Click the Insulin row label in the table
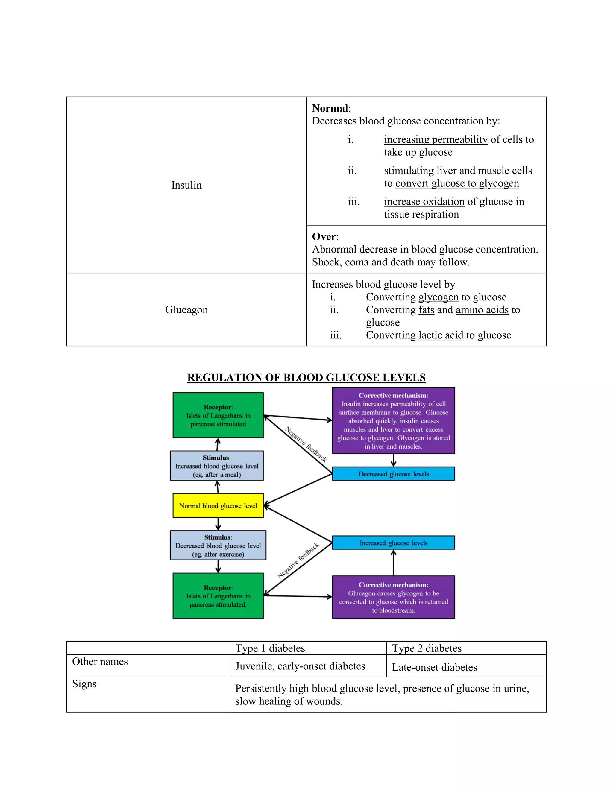tap(186, 185)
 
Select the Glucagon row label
tap(186, 310)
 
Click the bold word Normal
tap(330, 108)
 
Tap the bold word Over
tap(324, 237)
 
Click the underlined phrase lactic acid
tap(441, 335)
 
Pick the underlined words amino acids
tap(482, 310)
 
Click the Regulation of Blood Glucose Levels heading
tap(306, 378)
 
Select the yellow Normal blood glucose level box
tap(218, 505)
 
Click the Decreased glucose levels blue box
tap(393, 474)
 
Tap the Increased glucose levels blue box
tap(393, 543)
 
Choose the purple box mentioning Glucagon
tap(393, 597)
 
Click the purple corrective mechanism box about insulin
tap(393, 420)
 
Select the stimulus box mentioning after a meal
tap(217, 466)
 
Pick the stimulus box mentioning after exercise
tap(218, 545)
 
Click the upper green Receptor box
tap(218, 415)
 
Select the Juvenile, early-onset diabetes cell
tap(300, 666)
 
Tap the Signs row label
tap(84, 684)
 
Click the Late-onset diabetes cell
tap(434, 667)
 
